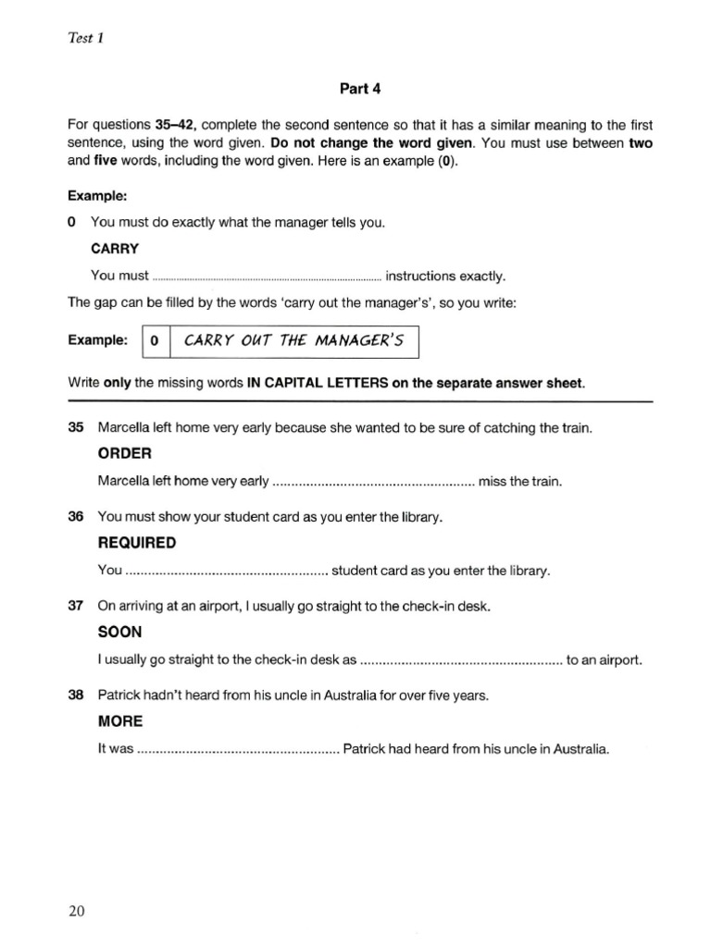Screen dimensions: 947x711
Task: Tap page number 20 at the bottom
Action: (77, 912)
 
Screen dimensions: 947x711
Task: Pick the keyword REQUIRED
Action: (136, 543)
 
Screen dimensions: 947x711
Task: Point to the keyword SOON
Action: (120, 633)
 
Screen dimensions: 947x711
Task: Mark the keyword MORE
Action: (120, 721)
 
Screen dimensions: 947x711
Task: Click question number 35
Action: (76, 428)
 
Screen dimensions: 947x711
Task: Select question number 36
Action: (76, 518)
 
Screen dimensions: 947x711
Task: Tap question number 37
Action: (76, 607)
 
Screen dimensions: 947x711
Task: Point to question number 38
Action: (76, 695)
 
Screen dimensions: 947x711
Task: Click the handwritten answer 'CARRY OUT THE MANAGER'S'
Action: (294, 340)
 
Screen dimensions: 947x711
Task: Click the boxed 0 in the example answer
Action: (155, 341)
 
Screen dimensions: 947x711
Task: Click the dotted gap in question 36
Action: (227, 571)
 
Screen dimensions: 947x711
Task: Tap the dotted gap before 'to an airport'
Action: (461, 660)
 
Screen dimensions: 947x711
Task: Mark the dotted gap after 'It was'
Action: (239, 749)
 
